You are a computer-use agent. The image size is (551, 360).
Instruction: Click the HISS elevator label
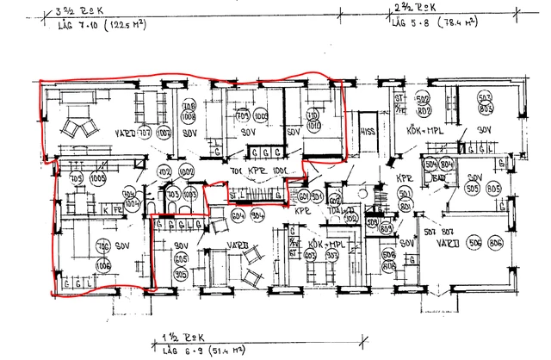(x=368, y=132)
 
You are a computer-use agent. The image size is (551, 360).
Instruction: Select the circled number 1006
(x=102, y=266)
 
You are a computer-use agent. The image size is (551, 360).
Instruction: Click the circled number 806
(x=494, y=245)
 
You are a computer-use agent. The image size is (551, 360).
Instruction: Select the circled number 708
(x=189, y=108)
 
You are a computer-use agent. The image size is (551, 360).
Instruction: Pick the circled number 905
(x=181, y=275)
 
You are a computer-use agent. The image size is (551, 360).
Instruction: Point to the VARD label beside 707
(x=126, y=134)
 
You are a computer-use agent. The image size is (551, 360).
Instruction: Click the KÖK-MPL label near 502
(x=424, y=132)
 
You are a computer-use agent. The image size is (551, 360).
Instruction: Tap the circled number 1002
(x=187, y=171)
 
